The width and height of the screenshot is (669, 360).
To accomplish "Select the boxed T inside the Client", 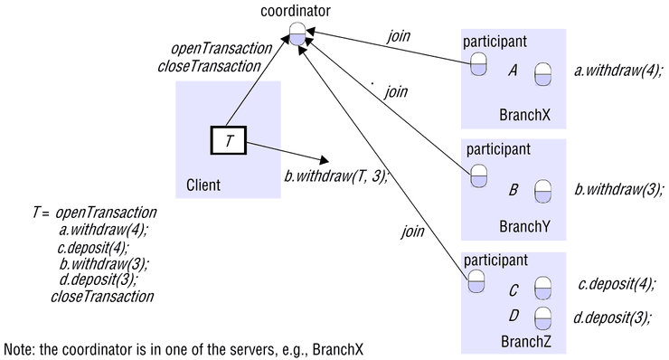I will pos(229,141).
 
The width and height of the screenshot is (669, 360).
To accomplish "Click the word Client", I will pos(203,185).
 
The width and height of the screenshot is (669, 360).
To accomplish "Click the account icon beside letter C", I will pos(542,289).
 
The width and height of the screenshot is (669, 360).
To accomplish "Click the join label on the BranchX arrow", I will pos(399,36).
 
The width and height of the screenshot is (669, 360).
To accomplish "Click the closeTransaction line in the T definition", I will pos(102,296).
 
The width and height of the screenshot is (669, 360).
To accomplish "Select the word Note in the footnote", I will pos(19,348).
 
